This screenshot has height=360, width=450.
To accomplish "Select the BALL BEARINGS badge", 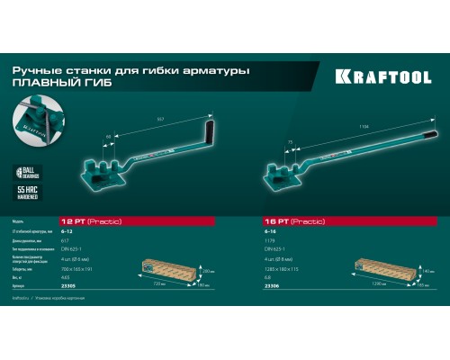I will pos(30,175).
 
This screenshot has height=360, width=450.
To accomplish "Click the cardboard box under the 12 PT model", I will pos(169,270).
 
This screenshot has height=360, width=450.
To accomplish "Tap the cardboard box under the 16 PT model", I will pos(382,268).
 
